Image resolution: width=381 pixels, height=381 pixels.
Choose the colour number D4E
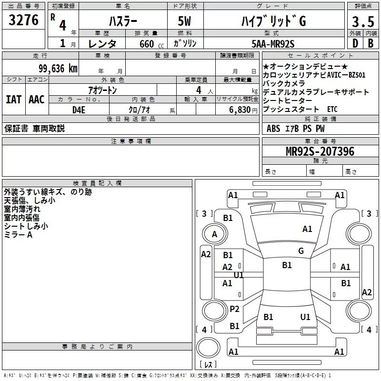tap(79, 110)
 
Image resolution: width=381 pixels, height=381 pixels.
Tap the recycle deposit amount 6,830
tap(241, 110)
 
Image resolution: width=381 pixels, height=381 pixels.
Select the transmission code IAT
tap(13, 100)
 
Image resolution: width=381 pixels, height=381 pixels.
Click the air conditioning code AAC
tap(36, 100)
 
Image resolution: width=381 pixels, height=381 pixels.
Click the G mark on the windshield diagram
tap(301, 251)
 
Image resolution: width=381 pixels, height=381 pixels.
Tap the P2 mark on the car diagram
tap(234, 309)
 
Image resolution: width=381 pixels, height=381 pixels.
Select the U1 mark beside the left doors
tap(239, 275)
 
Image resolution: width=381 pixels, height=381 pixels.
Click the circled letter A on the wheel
tap(214, 234)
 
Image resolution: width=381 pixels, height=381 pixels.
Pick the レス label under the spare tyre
tap(208, 365)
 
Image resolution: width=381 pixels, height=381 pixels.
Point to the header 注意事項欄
tap(130, 141)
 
